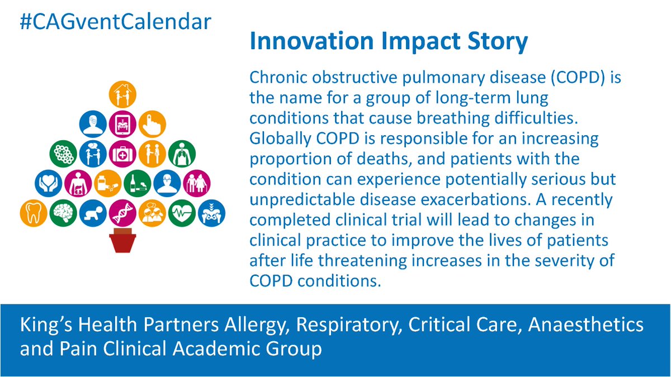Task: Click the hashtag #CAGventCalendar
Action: click(116, 22)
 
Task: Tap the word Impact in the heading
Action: click(420, 41)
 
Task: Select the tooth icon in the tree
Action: click(33, 213)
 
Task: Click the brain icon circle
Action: click(63, 213)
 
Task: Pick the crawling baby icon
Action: click(93, 213)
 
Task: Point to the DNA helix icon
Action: click(122, 213)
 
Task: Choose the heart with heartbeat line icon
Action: click(182, 213)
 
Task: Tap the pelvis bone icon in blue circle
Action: click(211, 213)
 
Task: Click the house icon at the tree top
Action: click(122, 94)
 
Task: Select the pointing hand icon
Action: click(152, 124)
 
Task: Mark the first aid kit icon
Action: click(122, 154)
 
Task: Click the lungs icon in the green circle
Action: click(182, 154)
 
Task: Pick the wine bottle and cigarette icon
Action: click(138, 183)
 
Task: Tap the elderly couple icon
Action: click(197, 183)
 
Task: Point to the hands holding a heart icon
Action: click(48, 183)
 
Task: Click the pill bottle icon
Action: click(107, 183)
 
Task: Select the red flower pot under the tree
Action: click(122, 240)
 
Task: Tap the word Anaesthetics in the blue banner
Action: click(585, 325)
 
